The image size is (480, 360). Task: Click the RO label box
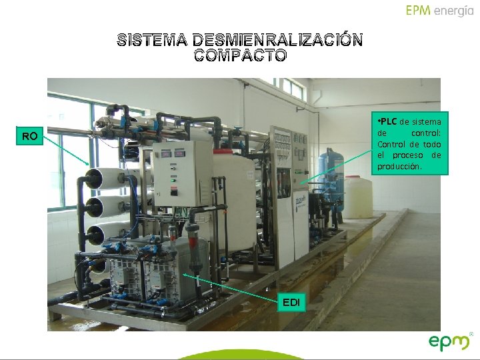click(29, 137)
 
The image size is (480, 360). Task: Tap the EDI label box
click(291, 303)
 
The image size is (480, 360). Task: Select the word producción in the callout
click(399, 166)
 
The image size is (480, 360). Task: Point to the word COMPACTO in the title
click(240, 56)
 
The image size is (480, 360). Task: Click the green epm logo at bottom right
click(449, 343)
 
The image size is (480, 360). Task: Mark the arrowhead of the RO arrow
click(89, 165)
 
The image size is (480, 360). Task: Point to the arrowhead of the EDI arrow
click(184, 275)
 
